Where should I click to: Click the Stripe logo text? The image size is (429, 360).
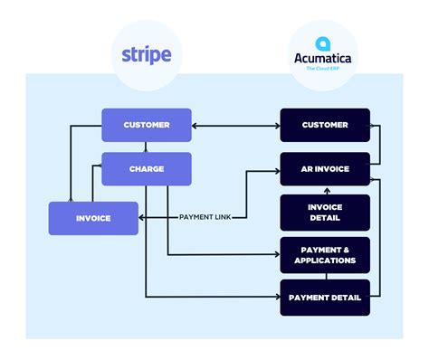tap(147, 53)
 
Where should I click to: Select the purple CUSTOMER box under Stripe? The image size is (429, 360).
tap(147, 125)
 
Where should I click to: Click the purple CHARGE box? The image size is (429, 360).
tap(147, 168)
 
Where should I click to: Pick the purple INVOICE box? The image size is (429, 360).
tap(93, 218)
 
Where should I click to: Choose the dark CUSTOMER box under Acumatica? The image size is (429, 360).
tap(324, 125)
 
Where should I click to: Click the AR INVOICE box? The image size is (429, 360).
tap(324, 168)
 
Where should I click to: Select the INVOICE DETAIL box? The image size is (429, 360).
tap(324, 212)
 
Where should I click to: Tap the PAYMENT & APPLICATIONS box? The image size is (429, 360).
tap(324, 254)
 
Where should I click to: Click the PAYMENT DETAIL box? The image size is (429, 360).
tap(324, 298)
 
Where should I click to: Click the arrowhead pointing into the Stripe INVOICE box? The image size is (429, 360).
tap(142, 218)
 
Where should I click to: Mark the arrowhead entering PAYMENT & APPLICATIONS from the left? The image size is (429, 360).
tap(276, 254)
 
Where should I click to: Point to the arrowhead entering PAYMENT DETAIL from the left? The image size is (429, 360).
tap(276, 298)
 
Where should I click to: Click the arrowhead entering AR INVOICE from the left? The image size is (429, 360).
tap(276, 168)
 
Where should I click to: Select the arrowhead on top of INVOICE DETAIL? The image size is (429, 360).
tap(324, 191)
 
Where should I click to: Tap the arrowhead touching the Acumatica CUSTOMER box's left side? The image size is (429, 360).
tap(276, 125)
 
